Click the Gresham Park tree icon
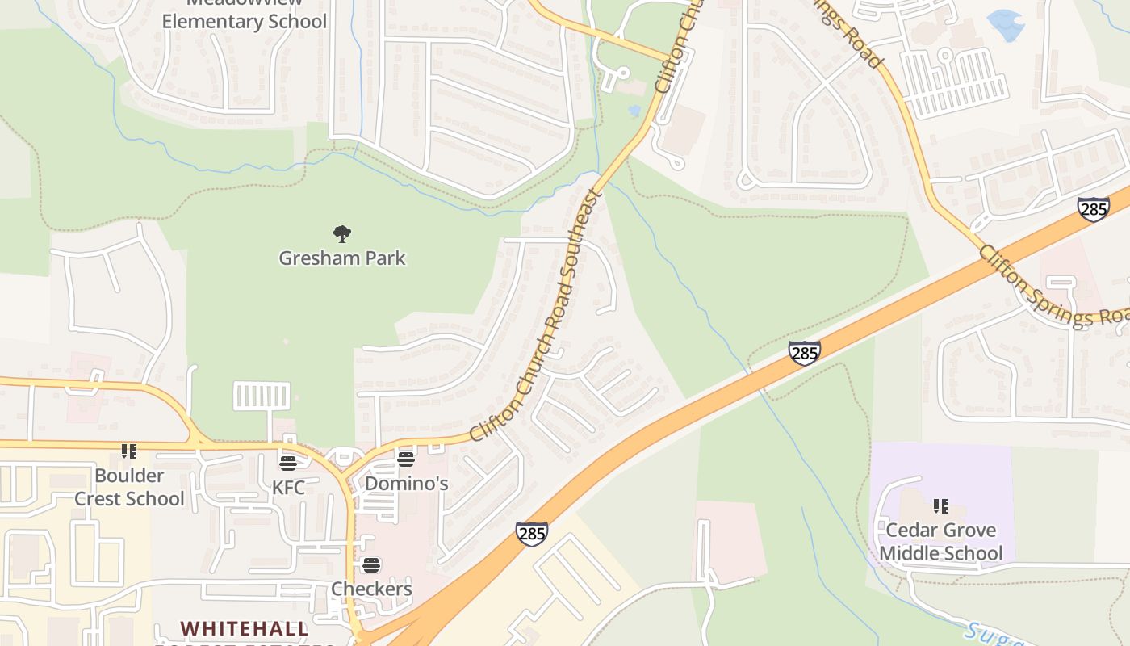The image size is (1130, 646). point(342,234)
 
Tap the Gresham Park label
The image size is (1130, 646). point(342,258)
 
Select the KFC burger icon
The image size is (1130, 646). point(288,463)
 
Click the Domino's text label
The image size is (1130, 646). point(406,484)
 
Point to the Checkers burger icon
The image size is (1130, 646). point(371,564)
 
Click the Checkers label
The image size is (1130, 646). point(371,589)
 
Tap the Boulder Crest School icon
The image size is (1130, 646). point(129,451)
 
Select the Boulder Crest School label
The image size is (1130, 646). point(129,487)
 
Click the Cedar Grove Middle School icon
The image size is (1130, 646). point(941,506)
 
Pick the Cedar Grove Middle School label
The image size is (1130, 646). point(941,542)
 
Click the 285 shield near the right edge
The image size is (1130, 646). point(1093,210)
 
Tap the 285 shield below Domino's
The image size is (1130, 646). point(532,533)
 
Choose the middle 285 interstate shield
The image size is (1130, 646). point(805,353)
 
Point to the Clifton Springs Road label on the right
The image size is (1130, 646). point(1053,287)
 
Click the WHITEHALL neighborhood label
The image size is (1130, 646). point(244,628)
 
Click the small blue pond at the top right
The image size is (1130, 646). point(1006,24)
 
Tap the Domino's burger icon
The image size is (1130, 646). point(406,459)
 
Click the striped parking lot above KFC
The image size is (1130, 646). point(262,396)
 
